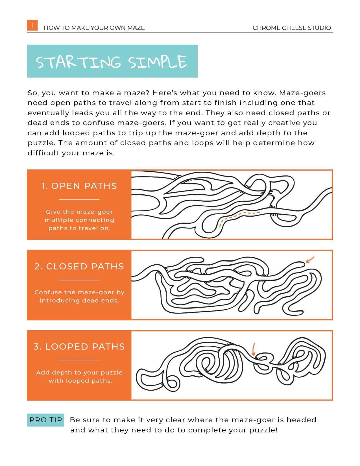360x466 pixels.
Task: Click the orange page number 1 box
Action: pyautogui.click(x=32, y=25)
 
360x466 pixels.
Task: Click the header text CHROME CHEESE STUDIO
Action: pyautogui.click(x=292, y=28)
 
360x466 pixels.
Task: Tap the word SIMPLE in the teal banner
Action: pyautogui.click(x=157, y=62)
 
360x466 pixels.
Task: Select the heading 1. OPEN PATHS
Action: pyautogui.click(x=79, y=186)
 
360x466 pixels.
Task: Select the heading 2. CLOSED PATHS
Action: pyautogui.click(x=79, y=267)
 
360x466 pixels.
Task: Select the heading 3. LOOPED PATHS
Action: pyautogui.click(x=79, y=347)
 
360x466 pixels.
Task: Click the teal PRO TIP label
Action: pyautogui.click(x=45, y=420)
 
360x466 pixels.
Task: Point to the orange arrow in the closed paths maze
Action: pyautogui.click(x=310, y=260)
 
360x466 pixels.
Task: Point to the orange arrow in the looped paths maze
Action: pyautogui.click(x=253, y=349)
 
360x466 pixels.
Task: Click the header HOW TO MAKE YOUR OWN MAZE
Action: pyautogui.click(x=94, y=28)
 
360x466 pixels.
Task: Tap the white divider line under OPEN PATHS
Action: pyautogui.click(x=79, y=199)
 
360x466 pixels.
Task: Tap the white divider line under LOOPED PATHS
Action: pyautogui.click(x=79, y=360)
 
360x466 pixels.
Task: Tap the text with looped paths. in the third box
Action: pyautogui.click(x=80, y=381)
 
